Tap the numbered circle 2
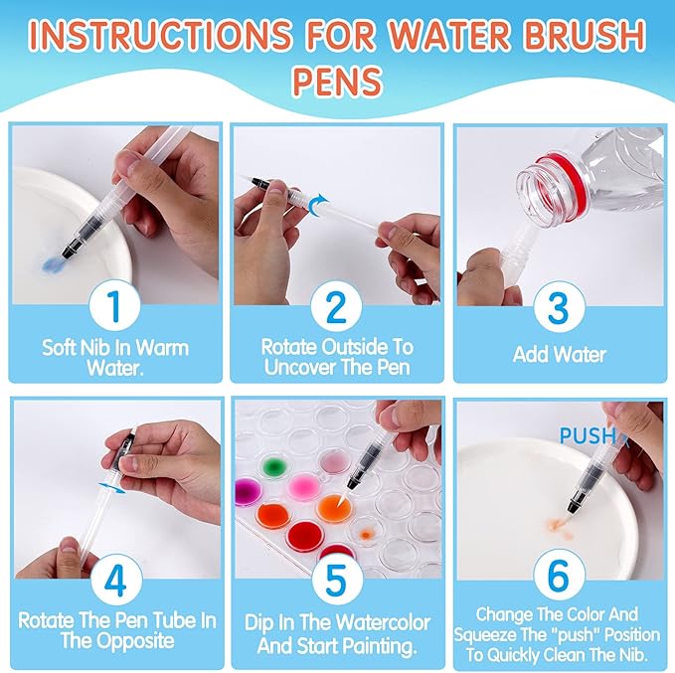click(336, 305)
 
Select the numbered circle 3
click(560, 305)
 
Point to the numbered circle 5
click(336, 579)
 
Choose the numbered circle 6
click(560, 579)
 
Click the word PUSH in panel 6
click(587, 435)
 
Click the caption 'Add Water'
click(560, 353)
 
